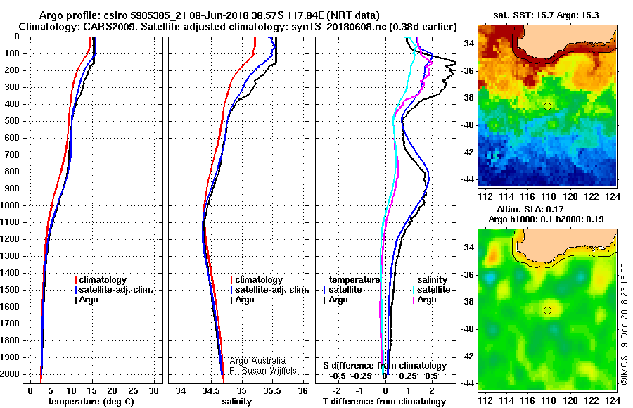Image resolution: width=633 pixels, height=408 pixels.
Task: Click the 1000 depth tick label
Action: (x=10, y=205)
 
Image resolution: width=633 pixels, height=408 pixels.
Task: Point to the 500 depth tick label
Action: (x=12, y=121)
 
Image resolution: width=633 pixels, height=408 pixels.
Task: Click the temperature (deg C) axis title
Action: (x=91, y=402)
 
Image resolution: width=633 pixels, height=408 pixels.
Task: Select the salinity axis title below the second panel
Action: (x=237, y=402)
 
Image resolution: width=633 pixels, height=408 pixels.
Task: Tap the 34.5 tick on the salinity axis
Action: (x=211, y=391)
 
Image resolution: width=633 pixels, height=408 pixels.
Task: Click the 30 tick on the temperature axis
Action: (x=154, y=391)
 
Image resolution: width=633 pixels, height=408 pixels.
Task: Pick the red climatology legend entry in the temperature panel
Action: (x=101, y=280)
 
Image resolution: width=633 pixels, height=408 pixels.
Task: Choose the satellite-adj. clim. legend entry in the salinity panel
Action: (x=269, y=290)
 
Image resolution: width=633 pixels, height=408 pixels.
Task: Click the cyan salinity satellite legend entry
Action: (x=432, y=290)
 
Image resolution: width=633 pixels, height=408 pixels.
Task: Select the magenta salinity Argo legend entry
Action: (x=424, y=300)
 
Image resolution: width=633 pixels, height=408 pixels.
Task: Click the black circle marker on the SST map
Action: (x=547, y=107)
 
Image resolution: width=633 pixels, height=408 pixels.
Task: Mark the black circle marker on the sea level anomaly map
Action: (x=547, y=311)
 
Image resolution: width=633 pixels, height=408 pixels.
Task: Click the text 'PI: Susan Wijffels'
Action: (x=263, y=371)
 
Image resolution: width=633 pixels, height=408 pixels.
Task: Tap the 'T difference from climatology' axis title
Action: (x=384, y=402)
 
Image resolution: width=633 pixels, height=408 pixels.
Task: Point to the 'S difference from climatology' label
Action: (x=385, y=366)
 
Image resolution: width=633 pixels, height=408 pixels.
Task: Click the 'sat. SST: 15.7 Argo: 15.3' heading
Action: (x=546, y=15)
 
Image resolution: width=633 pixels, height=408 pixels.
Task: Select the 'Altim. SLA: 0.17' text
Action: (x=530, y=209)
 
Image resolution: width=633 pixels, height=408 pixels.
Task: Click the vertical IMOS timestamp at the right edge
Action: (x=625, y=324)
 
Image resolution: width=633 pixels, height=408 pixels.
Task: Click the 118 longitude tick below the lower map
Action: (x=548, y=400)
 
